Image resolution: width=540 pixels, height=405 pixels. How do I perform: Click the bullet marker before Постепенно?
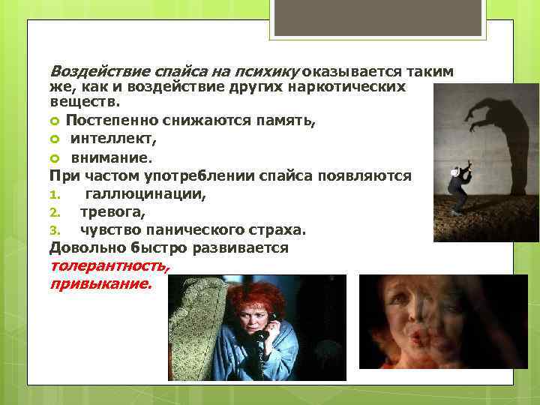pos(55,121)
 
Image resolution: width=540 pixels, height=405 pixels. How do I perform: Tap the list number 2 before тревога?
pos(54,212)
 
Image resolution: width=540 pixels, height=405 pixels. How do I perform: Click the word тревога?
pos(112,212)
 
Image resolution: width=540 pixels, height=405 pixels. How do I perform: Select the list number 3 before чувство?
pos(54,230)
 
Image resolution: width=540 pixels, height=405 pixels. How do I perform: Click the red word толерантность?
pos(109,266)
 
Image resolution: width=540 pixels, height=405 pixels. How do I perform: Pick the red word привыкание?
pos(100,284)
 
